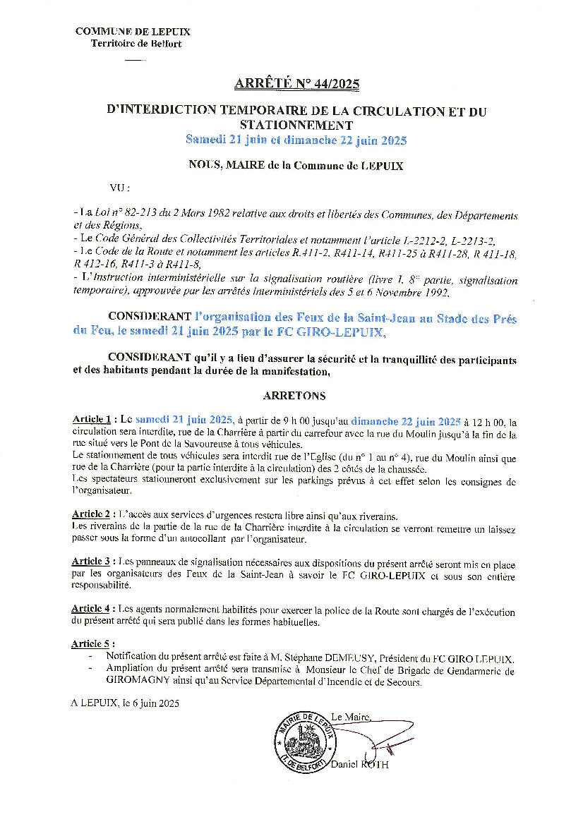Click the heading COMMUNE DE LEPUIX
(x=133, y=32)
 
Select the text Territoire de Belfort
(x=136, y=44)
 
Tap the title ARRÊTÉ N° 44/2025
(x=296, y=85)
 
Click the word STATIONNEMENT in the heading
(x=296, y=126)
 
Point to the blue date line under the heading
(x=296, y=140)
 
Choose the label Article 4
(x=91, y=611)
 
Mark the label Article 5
(x=91, y=644)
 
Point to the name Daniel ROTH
(x=359, y=765)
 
